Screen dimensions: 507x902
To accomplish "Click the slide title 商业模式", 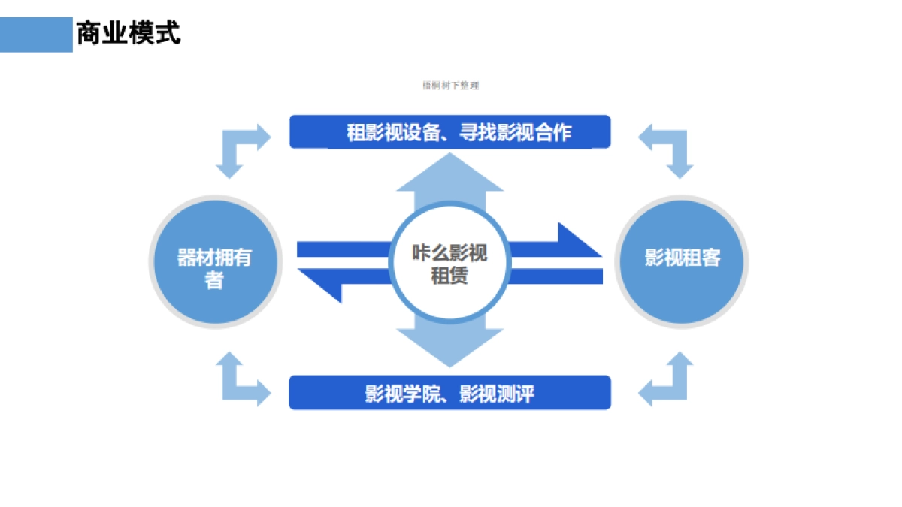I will pyautogui.click(x=129, y=34).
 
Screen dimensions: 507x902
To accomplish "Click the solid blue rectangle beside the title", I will pyautogui.click(x=36, y=35).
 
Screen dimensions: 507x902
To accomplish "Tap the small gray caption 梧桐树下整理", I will pyautogui.click(x=450, y=86).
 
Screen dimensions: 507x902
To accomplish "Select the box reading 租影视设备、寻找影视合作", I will pyautogui.click(x=449, y=132).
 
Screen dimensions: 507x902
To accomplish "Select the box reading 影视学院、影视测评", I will pyautogui.click(x=449, y=393).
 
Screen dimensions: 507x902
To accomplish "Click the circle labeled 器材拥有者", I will pyautogui.click(x=215, y=261).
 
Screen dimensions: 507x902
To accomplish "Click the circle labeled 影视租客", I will pyautogui.click(x=682, y=260).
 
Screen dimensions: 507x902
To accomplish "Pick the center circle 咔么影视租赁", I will pyautogui.click(x=449, y=263).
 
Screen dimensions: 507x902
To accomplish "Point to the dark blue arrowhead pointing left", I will pyautogui.click(x=323, y=284).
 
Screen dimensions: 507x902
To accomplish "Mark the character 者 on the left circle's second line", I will pyautogui.click(x=215, y=281).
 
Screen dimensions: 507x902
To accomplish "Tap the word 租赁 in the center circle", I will pyautogui.click(x=449, y=276).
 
